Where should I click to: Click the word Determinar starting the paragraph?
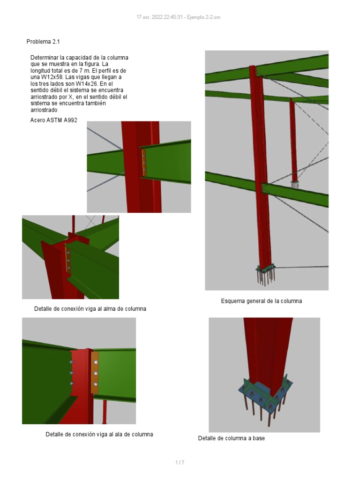(x=45, y=57)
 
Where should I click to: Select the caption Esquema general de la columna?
(x=261, y=301)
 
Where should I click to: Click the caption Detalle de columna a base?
(x=231, y=438)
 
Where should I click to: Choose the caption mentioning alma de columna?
(x=90, y=309)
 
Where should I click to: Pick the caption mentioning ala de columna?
(x=99, y=434)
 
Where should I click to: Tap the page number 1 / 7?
(x=180, y=463)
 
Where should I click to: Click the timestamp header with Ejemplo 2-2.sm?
(x=178, y=17)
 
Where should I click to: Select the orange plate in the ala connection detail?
(x=95, y=373)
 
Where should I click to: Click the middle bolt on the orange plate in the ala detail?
(x=96, y=373)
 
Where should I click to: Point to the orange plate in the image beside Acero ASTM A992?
(x=144, y=163)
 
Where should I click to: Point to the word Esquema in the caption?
(x=233, y=301)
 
